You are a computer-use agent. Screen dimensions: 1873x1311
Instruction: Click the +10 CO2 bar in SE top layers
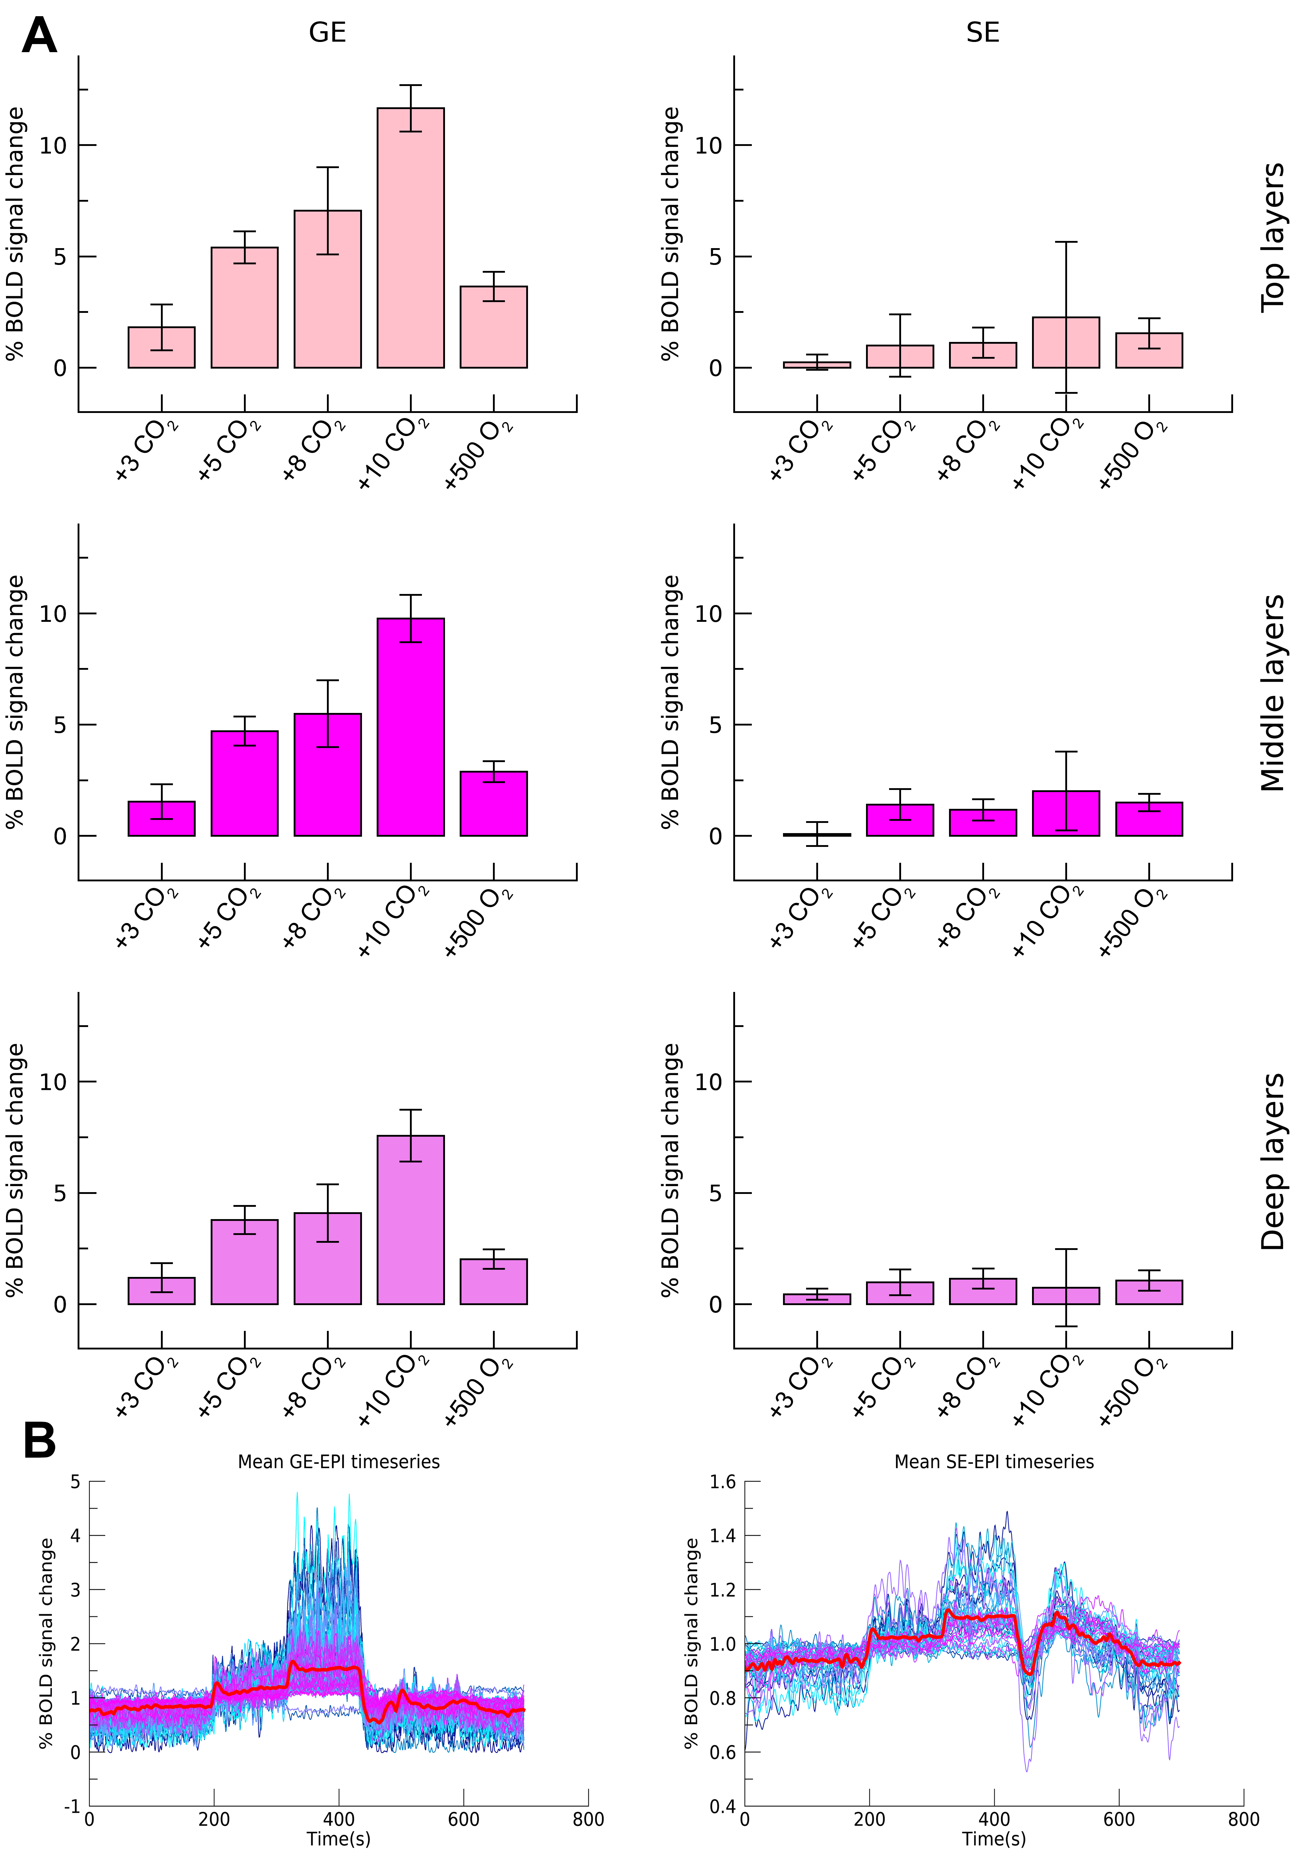[x=1066, y=343]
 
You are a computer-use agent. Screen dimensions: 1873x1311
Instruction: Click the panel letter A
[x=39, y=37]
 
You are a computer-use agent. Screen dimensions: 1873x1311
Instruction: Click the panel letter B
[x=39, y=1441]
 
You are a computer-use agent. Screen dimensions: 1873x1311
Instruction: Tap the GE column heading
[x=327, y=33]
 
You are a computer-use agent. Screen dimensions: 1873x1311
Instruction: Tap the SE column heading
[x=982, y=33]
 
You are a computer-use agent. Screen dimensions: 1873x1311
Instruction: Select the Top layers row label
[x=1273, y=236]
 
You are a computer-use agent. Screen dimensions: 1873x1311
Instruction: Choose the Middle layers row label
[x=1273, y=693]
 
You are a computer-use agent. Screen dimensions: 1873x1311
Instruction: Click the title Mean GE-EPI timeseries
[x=339, y=1462]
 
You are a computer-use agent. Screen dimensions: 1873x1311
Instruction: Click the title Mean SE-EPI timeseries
[x=994, y=1462]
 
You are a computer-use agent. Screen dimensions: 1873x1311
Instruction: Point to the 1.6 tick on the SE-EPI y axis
[x=722, y=1482]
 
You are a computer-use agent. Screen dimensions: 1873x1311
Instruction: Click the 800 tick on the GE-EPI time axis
[x=588, y=1819]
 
